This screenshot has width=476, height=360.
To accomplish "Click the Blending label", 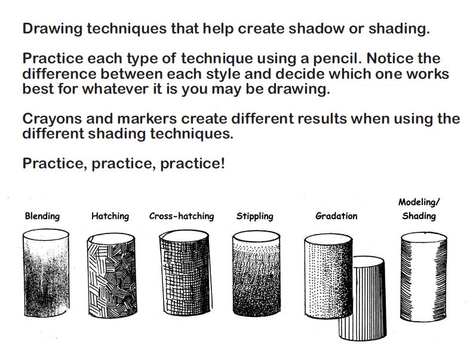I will (x=42, y=216).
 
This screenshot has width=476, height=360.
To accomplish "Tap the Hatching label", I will (x=110, y=216).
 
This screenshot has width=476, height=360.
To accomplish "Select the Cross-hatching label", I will (x=182, y=216).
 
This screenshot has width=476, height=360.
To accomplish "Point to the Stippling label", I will (x=254, y=216).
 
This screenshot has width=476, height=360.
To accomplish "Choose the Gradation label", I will (x=336, y=216).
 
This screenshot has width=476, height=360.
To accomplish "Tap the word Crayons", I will (x=51, y=118).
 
